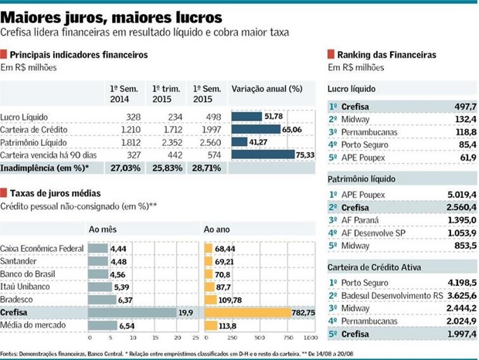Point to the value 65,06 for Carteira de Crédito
(293, 130)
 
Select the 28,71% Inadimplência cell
(206, 168)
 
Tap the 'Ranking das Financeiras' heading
(386, 55)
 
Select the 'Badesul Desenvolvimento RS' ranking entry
(396, 295)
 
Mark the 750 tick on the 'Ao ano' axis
(287, 338)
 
